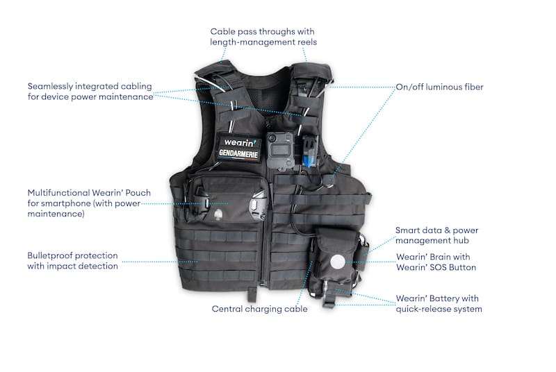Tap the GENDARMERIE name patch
tap(238, 153)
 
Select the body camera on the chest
tap(280, 150)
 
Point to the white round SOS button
tap(338, 262)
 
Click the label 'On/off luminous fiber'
tap(439, 87)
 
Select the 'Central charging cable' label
tap(259, 309)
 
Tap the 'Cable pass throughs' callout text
tap(263, 37)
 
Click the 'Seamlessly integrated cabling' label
tap(90, 92)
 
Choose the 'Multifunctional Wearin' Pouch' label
tap(89, 203)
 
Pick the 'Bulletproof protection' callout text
tap(73, 261)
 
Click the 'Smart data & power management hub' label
tap(437, 235)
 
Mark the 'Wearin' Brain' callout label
tap(436, 262)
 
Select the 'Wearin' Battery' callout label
tap(439, 304)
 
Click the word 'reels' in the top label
tap(307, 42)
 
